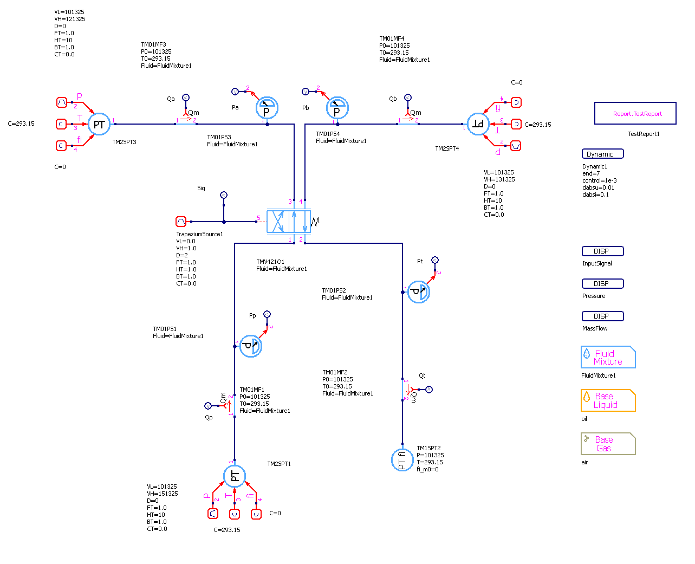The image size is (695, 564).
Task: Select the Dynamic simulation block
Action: tap(602, 154)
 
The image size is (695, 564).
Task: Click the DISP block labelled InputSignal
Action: tap(602, 251)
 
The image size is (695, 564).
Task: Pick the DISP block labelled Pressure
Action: tap(602, 284)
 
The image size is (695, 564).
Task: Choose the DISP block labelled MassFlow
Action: tap(602, 316)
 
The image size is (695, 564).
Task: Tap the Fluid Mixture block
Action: tap(608, 358)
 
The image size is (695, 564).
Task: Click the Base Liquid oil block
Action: tap(608, 401)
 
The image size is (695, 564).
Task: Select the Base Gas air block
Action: tap(608, 444)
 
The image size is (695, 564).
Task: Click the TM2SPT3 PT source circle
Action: tap(99, 124)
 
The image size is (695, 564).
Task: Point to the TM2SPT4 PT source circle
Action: tap(478, 124)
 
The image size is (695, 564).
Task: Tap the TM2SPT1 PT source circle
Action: tap(235, 476)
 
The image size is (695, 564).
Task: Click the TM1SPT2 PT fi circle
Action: tap(402, 460)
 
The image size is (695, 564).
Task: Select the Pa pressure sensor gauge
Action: tap(267, 108)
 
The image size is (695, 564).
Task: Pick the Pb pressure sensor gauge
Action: tap(337, 108)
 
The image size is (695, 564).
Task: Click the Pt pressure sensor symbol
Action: tap(418, 292)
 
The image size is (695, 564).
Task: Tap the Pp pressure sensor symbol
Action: tap(250, 346)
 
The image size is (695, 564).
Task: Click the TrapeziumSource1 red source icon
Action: tap(181, 222)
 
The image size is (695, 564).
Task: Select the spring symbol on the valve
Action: tap(315, 222)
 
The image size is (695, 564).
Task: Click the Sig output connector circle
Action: tap(224, 195)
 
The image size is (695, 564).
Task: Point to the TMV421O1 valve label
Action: tap(270, 262)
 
